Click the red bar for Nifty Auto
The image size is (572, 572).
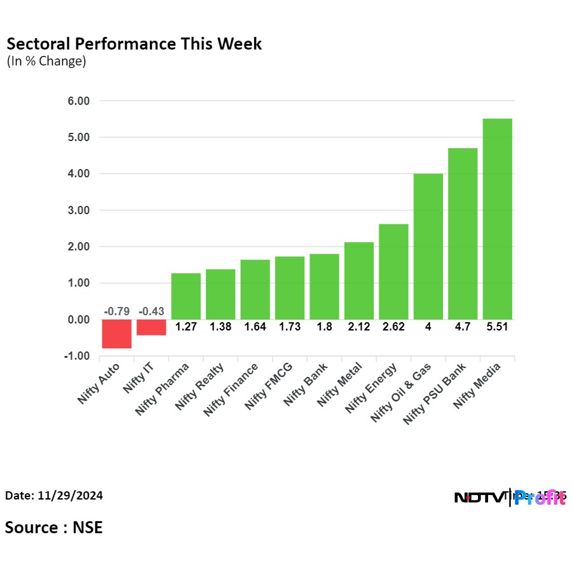click(117, 334)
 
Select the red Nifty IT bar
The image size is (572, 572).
click(151, 327)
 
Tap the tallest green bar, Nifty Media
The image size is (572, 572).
click(497, 219)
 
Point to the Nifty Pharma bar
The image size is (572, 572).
click(186, 296)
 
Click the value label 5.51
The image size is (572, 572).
click(497, 327)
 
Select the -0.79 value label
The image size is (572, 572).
click(116, 311)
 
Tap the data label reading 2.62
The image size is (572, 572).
click(393, 327)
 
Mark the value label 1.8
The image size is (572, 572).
click(324, 327)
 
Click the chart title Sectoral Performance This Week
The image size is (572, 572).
click(134, 44)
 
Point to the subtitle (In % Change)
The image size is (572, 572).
click(46, 62)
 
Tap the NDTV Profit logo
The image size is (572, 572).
click(510, 498)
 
